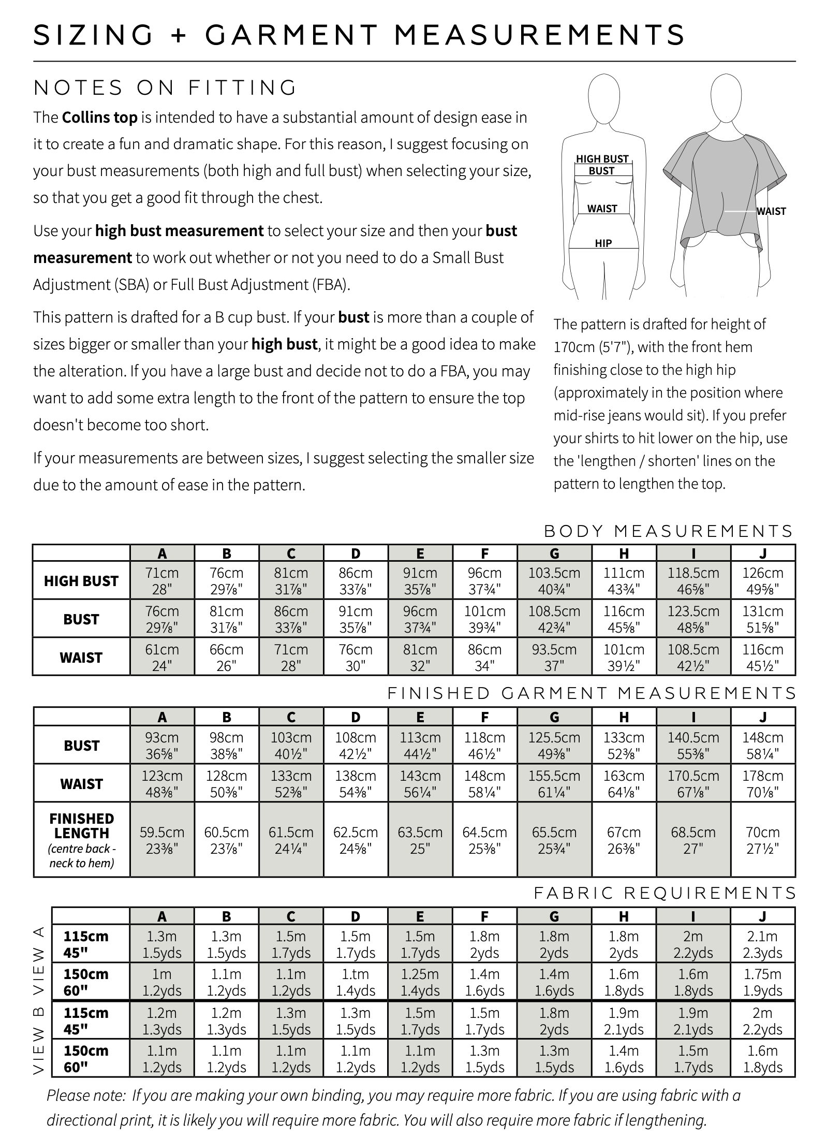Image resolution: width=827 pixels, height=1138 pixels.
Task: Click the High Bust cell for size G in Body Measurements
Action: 554,581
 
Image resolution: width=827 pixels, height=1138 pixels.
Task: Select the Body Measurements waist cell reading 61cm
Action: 162,657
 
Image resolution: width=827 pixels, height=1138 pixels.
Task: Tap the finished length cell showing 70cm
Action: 762,840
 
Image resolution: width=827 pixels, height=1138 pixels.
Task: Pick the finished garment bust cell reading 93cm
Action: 162,745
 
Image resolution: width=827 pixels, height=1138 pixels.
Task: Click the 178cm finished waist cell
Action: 762,783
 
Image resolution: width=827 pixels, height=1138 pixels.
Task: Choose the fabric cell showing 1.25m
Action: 420,982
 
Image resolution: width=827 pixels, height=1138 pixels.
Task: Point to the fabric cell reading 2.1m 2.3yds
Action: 762,944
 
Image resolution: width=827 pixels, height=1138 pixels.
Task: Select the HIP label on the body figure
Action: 603,243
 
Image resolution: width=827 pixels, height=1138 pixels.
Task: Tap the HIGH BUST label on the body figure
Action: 602,159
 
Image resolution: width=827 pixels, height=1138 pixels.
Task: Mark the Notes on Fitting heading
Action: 165,88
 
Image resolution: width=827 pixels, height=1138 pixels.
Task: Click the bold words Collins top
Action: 99,118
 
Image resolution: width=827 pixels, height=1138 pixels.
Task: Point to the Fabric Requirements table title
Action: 664,893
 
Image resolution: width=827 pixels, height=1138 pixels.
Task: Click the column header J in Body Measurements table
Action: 762,553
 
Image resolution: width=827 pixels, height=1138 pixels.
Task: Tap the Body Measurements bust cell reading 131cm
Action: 762,619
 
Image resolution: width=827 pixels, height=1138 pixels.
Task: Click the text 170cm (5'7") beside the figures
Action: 594,347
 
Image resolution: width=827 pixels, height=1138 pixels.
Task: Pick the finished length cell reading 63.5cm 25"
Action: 420,840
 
